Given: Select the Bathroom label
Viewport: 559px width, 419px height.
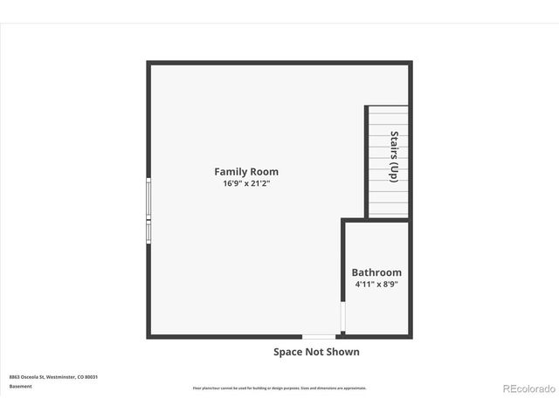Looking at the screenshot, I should coord(376,272).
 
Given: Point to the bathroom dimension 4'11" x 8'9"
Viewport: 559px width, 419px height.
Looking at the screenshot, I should coord(376,284).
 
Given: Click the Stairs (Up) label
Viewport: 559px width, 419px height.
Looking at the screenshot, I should coord(394,156).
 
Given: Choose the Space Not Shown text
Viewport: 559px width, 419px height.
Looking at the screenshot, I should coord(316,352).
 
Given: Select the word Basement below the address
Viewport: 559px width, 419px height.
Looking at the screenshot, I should coord(21,386).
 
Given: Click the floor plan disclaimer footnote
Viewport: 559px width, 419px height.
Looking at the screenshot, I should coord(279,388).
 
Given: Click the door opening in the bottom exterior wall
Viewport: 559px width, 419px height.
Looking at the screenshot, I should coord(318,336).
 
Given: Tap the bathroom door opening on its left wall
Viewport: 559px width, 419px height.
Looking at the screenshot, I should coord(343,318).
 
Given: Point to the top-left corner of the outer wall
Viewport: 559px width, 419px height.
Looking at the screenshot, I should coord(148,63).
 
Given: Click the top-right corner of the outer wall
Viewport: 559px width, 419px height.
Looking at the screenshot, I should coord(410,63).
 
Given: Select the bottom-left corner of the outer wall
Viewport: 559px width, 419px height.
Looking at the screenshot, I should coord(148,336).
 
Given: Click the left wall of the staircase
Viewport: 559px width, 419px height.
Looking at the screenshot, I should coord(366,161).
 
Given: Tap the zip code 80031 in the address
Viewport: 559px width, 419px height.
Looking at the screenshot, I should coord(92,377).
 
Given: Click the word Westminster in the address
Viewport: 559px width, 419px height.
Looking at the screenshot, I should coord(62,377).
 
